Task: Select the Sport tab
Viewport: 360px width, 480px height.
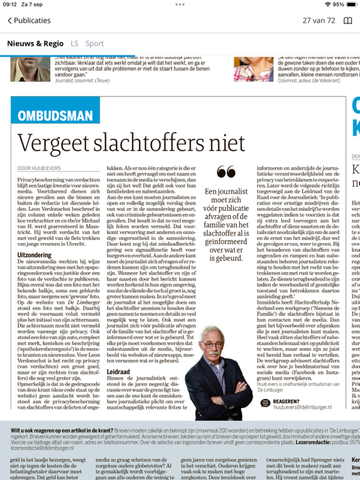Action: (94, 43)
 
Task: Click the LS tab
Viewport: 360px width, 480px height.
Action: (75, 43)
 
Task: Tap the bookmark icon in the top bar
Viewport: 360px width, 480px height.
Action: (347, 20)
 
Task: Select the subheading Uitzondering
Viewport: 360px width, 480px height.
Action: (34, 256)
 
